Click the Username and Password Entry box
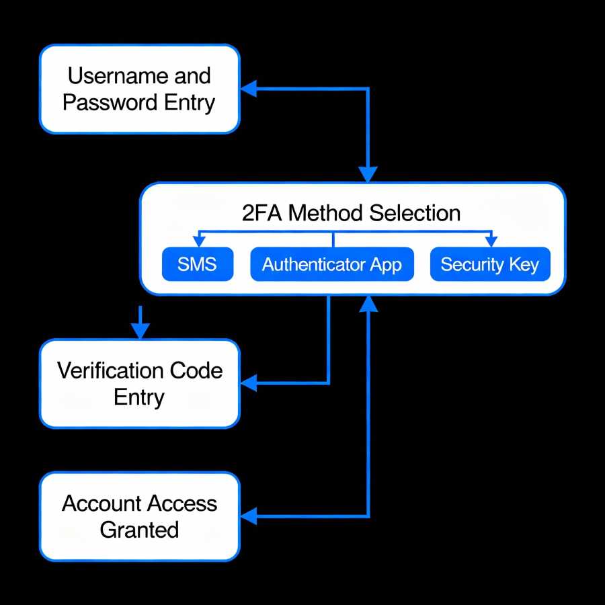(139, 89)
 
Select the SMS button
(197, 264)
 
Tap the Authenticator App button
(332, 264)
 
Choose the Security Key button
(489, 264)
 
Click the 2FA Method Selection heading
(351, 213)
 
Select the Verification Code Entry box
(139, 384)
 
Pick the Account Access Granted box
(139, 516)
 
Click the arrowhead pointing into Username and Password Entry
(249, 87)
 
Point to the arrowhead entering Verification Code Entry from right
(249, 383)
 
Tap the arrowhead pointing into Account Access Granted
(249, 516)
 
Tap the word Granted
(139, 530)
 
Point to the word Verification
(109, 370)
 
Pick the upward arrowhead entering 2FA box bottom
(368, 304)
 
